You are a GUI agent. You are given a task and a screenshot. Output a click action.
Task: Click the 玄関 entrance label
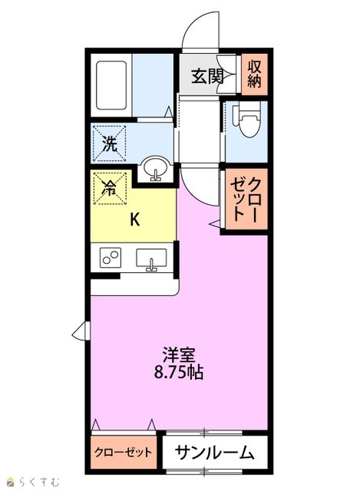[207, 75]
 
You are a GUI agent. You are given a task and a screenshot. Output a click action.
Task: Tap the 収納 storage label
[254, 74]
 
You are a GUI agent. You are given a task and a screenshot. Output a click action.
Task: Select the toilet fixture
[246, 120]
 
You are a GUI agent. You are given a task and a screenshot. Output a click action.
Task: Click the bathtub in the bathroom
[111, 85]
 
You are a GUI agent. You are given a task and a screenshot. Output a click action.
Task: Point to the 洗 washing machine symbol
[109, 143]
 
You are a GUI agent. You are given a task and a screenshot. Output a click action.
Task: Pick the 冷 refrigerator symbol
[110, 188]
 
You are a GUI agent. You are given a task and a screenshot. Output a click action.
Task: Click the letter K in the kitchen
[135, 219]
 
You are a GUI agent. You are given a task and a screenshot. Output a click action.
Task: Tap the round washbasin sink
[155, 169]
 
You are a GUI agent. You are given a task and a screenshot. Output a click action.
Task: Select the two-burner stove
[111, 258]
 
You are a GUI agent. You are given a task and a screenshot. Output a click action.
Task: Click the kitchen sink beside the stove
[151, 259]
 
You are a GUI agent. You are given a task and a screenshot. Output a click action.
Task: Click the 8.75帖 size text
[179, 372]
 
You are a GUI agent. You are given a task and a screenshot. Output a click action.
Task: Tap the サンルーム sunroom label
[215, 453]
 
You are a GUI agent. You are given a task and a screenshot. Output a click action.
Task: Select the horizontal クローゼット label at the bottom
[123, 452]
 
